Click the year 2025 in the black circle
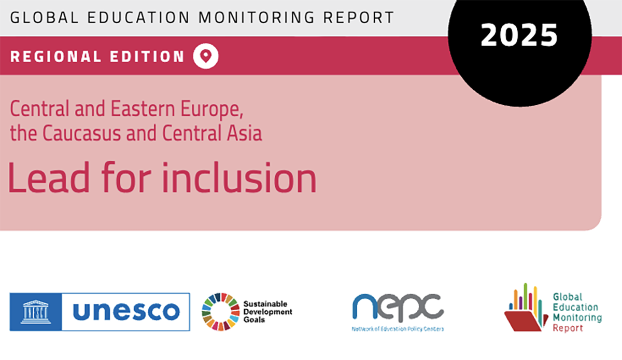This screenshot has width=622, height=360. click(x=519, y=35)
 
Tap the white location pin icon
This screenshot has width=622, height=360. click(x=206, y=56)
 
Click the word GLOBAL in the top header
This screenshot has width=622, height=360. click(x=40, y=17)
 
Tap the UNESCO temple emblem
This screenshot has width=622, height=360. click(x=35, y=312)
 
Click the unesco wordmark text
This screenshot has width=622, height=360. click(x=126, y=312)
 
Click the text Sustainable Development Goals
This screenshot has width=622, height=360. click(x=267, y=312)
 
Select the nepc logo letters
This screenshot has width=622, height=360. click(x=397, y=307)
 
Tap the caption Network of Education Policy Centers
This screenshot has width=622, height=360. click(x=398, y=329)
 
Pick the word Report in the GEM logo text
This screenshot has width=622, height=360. click(x=568, y=328)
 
